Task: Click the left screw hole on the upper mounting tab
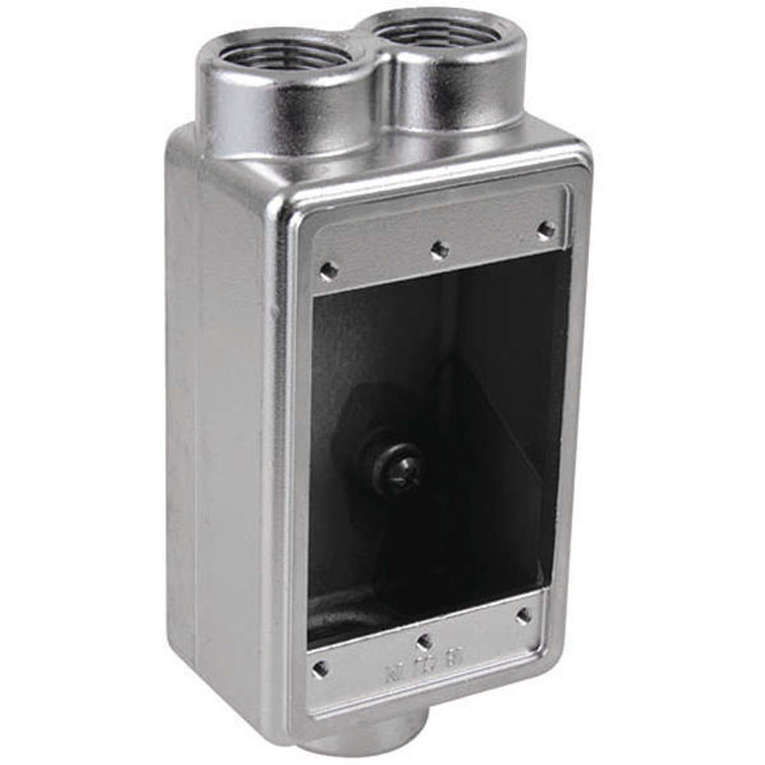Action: pyautogui.click(x=330, y=269)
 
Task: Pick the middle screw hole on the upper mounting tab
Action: pyautogui.click(x=439, y=249)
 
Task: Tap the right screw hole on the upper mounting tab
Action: pyautogui.click(x=545, y=228)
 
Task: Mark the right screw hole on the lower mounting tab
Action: pyautogui.click(x=524, y=615)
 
